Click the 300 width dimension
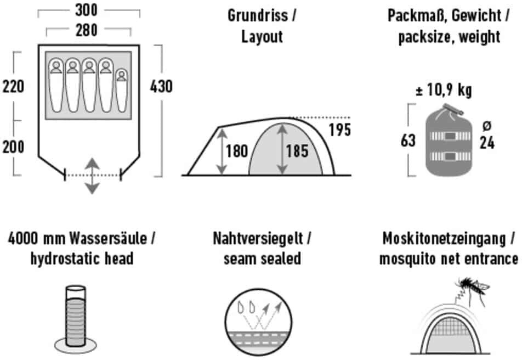pos(86,10)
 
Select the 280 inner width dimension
pos(87,30)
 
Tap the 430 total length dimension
pos(161,87)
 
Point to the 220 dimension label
pos(13,87)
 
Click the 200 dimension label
pos(13,147)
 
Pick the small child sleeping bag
pos(122,91)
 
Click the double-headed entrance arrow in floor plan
pos(92,176)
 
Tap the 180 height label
pos(237,151)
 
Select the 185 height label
pos(297,151)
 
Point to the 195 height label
pos(340,130)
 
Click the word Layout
pos(262,37)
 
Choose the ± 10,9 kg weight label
pos(444,89)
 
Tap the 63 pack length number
pos(408,140)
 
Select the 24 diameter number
pos(487,143)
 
